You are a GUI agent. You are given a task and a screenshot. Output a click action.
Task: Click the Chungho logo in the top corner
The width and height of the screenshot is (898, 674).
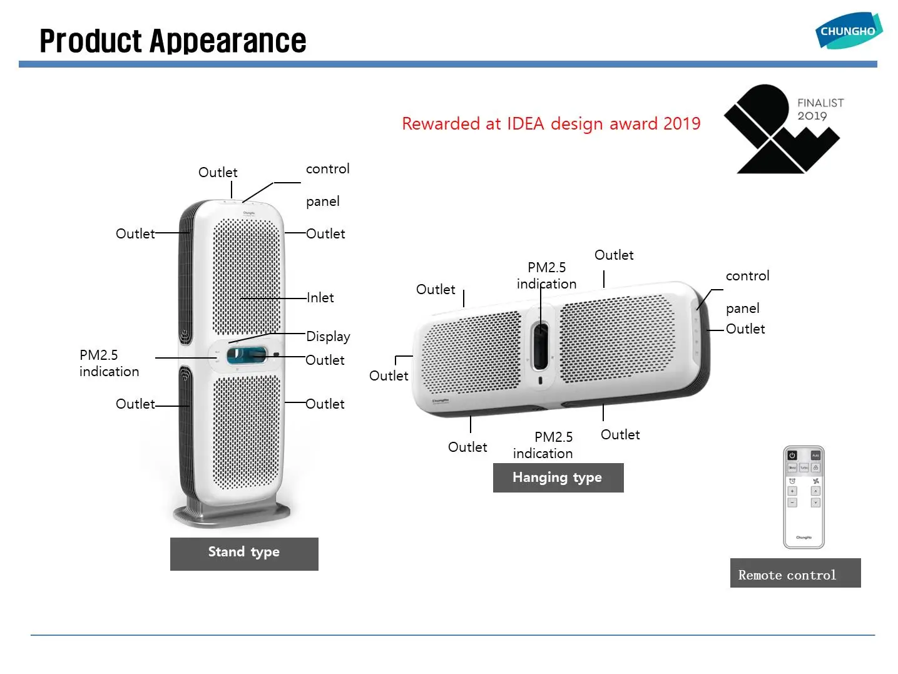pyautogui.click(x=848, y=30)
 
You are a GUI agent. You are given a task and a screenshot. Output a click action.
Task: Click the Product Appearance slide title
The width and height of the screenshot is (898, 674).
pyautogui.click(x=173, y=41)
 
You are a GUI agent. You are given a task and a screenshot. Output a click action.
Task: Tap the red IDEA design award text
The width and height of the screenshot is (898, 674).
pyautogui.click(x=551, y=123)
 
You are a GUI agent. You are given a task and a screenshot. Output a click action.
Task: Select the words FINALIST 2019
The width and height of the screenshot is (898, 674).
pyautogui.click(x=820, y=109)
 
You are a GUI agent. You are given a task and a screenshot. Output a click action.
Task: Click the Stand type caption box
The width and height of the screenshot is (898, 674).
pyautogui.click(x=244, y=553)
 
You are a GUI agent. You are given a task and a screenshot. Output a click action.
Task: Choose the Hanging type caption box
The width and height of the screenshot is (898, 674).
pyautogui.click(x=558, y=477)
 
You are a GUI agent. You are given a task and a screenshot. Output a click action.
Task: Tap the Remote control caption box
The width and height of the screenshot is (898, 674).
pyautogui.click(x=795, y=573)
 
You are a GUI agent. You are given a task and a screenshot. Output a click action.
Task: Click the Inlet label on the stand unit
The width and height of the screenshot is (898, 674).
pyautogui.click(x=320, y=298)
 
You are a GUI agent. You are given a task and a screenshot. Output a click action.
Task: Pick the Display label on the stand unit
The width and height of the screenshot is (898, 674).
pyautogui.click(x=328, y=336)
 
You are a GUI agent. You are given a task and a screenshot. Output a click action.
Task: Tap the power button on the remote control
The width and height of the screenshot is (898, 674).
pyautogui.click(x=792, y=456)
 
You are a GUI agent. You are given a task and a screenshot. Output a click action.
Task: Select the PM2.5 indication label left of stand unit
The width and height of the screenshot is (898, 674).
pyautogui.click(x=109, y=363)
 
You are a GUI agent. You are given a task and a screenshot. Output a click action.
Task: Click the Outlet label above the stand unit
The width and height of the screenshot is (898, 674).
pyautogui.click(x=218, y=172)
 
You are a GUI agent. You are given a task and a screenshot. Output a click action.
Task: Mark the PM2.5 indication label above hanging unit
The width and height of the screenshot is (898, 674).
pyautogui.click(x=546, y=275)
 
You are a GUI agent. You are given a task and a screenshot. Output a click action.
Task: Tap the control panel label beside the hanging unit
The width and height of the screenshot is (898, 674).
pyautogui.click(x=747, y=292)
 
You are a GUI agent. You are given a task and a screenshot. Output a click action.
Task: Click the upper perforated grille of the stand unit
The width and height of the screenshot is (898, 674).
pyautogui.click(x=247, y=275)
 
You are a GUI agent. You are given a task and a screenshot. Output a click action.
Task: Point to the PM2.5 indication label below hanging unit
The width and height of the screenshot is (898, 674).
pyautogui.click(x=543, y=445)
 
